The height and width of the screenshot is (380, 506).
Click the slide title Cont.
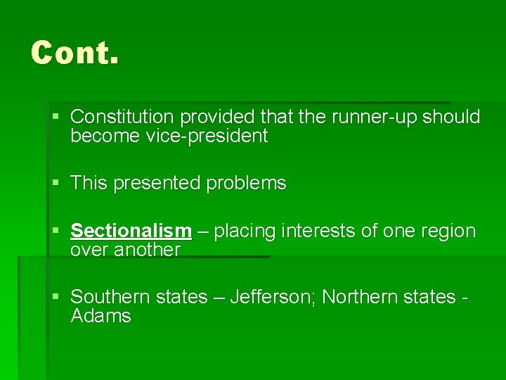[74, 53]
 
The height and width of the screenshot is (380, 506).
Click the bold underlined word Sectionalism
[131, 231]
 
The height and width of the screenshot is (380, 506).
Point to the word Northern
[360, 297]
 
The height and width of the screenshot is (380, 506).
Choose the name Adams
[101, 316]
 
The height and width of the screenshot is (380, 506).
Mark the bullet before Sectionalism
[56, 231]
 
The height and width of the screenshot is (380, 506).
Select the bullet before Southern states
[56, 297]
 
